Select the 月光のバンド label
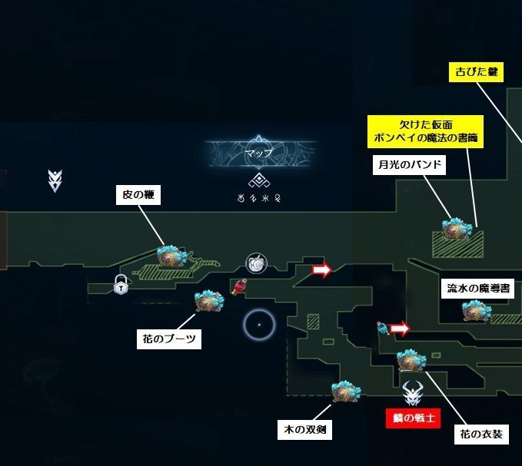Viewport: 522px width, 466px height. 411,165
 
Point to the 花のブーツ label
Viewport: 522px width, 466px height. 170,339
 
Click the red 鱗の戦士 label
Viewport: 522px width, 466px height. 415,418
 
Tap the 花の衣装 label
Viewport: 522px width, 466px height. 480,435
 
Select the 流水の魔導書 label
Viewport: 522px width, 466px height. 478,289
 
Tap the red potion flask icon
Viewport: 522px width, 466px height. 238,287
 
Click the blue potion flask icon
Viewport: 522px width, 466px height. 382,329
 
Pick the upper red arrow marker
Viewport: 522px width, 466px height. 321,269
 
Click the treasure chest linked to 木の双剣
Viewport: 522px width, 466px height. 343,392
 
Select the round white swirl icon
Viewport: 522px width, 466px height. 256,263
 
